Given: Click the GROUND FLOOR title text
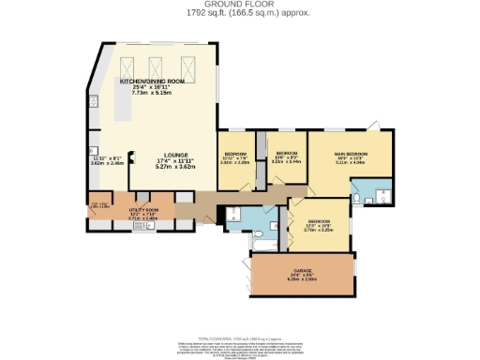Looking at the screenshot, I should coord(240,5).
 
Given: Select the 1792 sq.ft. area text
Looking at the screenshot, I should coord(240,14).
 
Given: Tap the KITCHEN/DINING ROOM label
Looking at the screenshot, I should coord(155,82).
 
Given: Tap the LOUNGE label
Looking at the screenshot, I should coord(174,155).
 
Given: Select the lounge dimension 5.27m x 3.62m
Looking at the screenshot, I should coord(174,166).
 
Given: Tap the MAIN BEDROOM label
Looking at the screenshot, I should coord(352,153).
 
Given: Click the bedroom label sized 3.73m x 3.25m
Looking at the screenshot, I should coord(320,223).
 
